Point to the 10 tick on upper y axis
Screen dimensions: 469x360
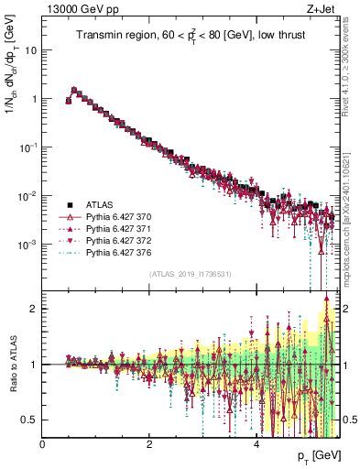pos(32,49)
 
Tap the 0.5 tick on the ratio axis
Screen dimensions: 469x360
pos(30,420)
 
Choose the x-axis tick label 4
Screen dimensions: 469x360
pos(256,444)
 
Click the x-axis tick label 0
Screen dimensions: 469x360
pos(43,444)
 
